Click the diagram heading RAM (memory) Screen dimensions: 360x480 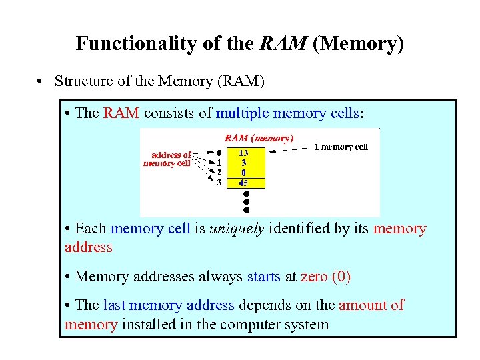click(x=259, y=138)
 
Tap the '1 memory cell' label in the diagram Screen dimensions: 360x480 click(x=341, y=147)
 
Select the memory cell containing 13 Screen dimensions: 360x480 click(x=245, y=151)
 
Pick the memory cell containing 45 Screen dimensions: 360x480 click(x=245, y=182)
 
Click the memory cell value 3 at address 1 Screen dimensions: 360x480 click(x=245, y=161)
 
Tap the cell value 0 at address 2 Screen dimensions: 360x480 click(x=245, y=172)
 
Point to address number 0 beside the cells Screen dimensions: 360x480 click(x=219, y=151)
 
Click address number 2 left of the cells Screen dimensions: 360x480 click(x=219, y=172)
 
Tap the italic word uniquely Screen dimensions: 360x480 click(x=237, y=229)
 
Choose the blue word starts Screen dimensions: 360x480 click(x=264, y=277)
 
